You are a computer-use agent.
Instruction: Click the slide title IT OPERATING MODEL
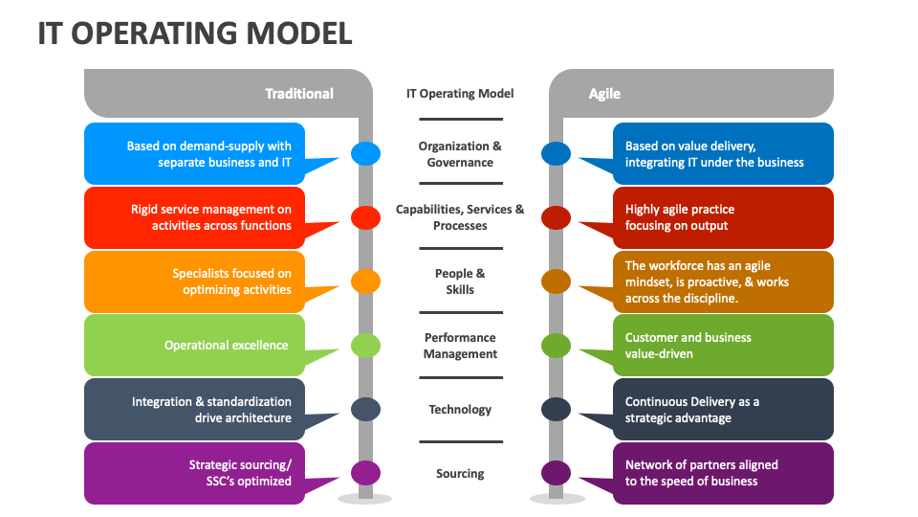point(195,33)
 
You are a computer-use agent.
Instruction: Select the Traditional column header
point(298,94)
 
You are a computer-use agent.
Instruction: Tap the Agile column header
point(604,94)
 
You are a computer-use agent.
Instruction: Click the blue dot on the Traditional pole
point(365,153)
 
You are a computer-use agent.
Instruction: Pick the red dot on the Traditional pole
point(365,217)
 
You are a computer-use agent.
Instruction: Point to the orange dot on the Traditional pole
point(365,281)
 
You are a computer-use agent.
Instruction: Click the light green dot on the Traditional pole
point(365,345)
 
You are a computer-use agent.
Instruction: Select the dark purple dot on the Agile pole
point(556,473)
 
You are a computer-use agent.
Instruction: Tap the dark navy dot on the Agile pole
point(556,409)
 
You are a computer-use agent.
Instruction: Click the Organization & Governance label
point(460,154)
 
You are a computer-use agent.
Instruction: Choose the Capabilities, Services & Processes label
point(460,217)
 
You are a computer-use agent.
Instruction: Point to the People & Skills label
point(460,281)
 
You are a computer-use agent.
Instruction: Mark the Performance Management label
point(460,346)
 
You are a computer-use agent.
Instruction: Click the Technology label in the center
point(460,410)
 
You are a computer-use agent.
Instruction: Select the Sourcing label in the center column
point(460,474)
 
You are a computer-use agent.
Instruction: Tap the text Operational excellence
point(226,346)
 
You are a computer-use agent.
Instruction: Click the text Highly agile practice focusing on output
point(680,217)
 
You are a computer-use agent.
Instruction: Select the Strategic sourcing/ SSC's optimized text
point(240,473)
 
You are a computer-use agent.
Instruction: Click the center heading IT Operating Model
point(460,94)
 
